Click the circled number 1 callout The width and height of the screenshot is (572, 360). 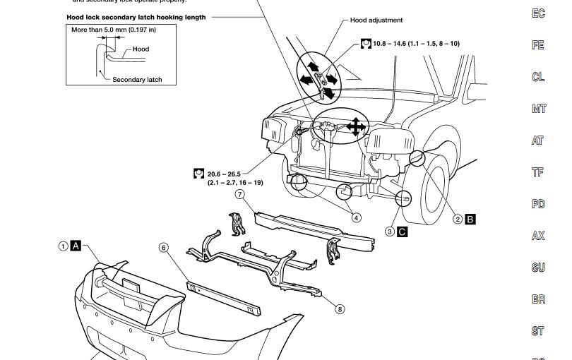[64, 246]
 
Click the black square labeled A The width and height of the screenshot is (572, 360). [76, 246]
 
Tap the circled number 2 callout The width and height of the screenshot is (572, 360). [458, 220]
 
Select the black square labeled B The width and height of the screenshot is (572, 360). [470, 220]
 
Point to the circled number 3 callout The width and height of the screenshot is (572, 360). [390, 232]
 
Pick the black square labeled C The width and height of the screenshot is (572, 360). [403, 232]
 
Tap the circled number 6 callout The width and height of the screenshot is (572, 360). [164, 248]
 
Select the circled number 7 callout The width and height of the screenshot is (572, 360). [240, 194]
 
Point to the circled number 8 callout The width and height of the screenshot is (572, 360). [340, 309]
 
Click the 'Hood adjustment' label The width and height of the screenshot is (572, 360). [376, 20]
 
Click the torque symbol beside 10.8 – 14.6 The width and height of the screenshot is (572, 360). [366, 44]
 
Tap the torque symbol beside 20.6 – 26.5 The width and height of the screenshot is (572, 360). [199, 174]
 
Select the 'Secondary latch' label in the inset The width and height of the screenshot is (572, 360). [137, 80]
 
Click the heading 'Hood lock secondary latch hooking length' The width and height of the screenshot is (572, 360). [136, 17]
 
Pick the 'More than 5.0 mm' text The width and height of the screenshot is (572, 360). [114, 30]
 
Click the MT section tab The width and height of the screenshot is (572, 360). [538, 109]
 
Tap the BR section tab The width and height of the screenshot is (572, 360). [538, 299]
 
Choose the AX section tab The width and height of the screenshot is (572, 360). [538, 236]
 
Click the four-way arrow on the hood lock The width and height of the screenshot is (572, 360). [356, 127]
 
